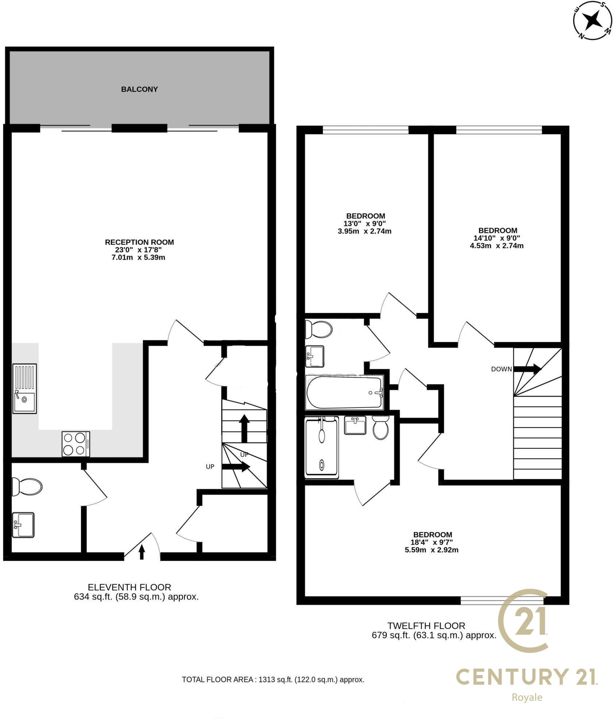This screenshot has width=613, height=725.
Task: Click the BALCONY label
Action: click(139, 89)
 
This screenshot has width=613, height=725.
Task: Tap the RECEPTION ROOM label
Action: click(139, 242)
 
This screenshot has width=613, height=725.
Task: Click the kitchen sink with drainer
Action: click(25, 388)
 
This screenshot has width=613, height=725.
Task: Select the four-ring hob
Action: click(76, 444)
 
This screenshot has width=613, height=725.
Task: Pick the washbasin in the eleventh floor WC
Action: click(23, 525)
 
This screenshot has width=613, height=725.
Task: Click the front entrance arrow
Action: click(142, 552)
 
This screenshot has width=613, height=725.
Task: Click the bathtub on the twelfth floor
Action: click(345, 392)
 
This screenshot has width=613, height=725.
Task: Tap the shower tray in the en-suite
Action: click(322, 448)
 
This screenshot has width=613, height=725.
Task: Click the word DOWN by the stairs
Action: click(501, 369)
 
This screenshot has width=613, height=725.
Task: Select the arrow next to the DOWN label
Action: click(527, 369)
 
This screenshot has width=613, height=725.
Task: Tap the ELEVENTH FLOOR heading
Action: click(130, 587)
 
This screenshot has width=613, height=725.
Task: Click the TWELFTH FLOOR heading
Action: click(427, 626)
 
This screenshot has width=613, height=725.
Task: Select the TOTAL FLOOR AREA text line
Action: click(273, 680)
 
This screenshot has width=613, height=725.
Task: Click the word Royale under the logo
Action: click(527, 698)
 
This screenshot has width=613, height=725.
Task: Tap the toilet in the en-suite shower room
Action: click(381, 427)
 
